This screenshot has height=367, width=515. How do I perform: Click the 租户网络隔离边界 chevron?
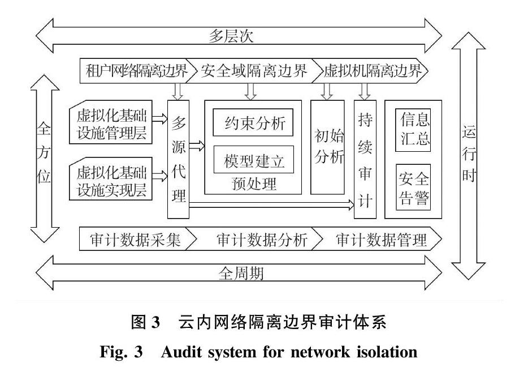click(x=136, y=71)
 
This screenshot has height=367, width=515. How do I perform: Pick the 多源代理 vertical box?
click(x=178, y=160)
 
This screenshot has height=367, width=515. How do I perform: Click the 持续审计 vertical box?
click(x=365, y=160)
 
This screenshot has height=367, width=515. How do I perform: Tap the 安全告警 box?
click(x=414, y=189)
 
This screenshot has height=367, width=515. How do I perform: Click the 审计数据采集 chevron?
click(x=136, y=240)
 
